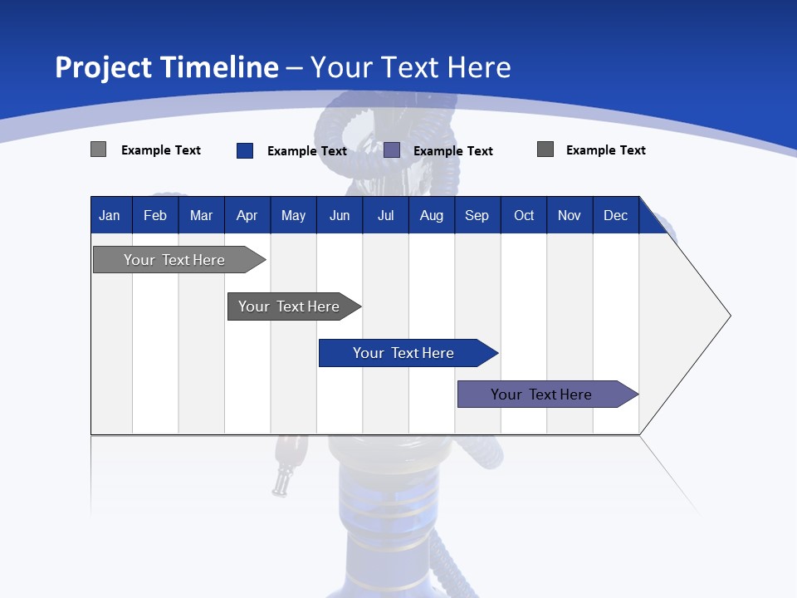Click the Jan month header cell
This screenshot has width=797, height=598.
110,215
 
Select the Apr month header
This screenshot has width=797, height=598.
247,215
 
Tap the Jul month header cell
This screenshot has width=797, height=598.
385,215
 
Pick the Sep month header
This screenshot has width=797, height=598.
477,215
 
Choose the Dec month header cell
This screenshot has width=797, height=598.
615,215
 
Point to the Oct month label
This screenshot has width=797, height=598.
524,215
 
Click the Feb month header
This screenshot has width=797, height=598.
155,215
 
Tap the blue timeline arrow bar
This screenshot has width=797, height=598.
404,353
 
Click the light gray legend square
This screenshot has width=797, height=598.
98,149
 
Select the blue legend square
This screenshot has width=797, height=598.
245,150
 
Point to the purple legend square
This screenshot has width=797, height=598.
392,149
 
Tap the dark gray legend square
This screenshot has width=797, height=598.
545,149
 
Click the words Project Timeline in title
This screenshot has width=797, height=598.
166,67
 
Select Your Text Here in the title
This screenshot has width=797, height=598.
410,67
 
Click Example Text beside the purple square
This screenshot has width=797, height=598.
453,150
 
